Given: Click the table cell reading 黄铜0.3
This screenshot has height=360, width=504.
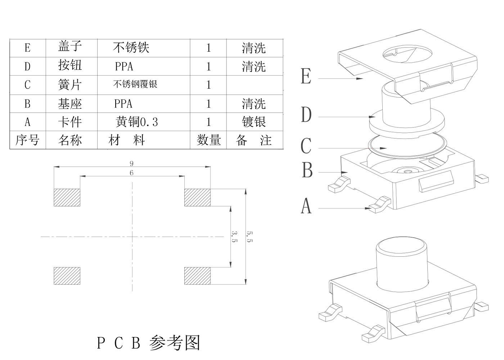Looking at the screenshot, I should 137,122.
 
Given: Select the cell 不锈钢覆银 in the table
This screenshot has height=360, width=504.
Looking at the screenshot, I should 135,85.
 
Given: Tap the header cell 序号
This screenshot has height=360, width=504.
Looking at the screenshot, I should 27,140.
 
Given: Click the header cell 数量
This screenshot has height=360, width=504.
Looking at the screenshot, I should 208,140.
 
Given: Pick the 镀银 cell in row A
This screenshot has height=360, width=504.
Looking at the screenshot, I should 254,122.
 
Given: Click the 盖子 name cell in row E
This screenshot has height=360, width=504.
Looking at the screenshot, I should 70,47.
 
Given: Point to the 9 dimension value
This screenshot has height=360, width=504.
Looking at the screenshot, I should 131,163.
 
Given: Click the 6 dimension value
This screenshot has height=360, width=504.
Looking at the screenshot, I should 131,173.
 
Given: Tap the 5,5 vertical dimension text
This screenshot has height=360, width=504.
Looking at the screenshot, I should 249,236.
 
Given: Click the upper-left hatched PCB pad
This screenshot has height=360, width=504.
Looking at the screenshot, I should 67,197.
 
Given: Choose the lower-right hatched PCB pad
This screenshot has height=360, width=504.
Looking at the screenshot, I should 197,276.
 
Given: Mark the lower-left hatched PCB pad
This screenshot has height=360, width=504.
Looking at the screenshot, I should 67,276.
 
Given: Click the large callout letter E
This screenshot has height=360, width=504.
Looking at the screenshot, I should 306,77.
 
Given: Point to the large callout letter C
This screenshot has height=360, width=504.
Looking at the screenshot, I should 306,147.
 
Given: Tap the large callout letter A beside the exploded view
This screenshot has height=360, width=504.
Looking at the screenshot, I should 306,206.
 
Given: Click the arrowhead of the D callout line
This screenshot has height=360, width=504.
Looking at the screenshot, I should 373,117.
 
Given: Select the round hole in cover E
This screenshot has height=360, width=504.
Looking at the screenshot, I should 405,55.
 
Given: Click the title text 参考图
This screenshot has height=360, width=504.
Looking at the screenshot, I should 175,343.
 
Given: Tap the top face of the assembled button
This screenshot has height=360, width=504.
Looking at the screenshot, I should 402,246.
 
